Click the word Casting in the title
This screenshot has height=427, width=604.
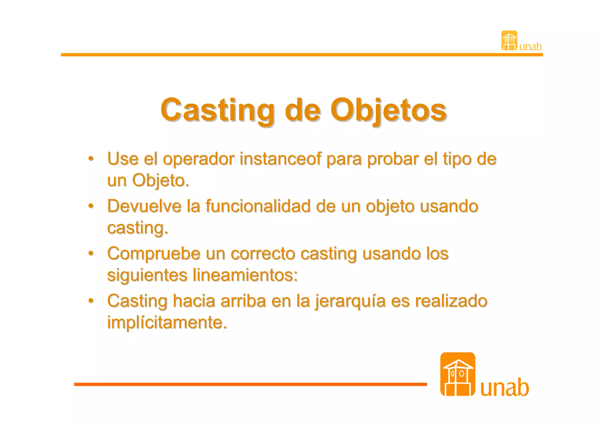pos(217,110)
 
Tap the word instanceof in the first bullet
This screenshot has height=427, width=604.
pos(280,159)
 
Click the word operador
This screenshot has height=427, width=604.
pos(198,160)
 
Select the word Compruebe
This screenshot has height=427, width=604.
pos(154,254)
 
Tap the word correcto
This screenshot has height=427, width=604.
pos(263,253)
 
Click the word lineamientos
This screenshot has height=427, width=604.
pos(245,275)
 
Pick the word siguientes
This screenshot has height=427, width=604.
pos(147,276)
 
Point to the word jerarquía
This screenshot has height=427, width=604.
pos(350,302)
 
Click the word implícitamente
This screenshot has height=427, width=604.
pos(167,322)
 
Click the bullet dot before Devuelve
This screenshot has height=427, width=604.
pos(91,206)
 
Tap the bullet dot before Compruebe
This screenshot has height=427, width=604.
pos(91,253)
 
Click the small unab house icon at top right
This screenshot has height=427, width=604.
pos(509,41)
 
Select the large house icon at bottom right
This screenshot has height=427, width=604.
pos(457,374)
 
